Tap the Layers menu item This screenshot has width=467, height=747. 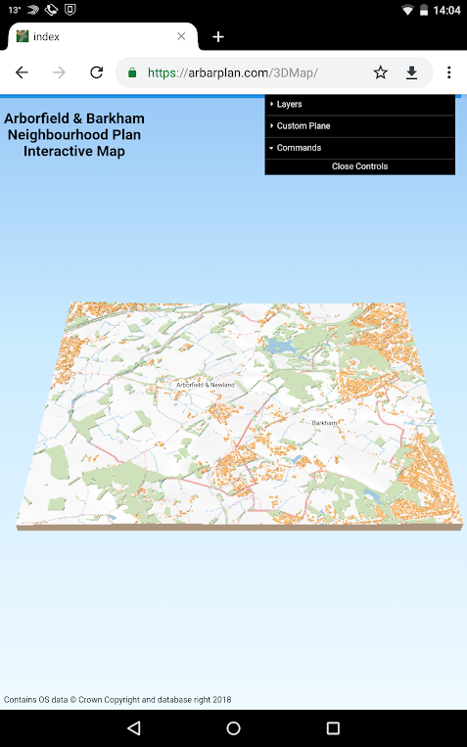290,104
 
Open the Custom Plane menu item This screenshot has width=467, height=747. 303,126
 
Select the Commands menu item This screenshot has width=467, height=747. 299,148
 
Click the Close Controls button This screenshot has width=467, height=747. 359,166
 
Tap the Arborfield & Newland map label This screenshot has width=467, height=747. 206,385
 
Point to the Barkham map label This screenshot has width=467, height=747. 324,423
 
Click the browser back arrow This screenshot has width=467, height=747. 22,72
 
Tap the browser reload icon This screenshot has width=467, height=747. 96,72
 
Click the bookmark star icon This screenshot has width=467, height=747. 380,72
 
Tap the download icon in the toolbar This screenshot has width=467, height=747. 412,72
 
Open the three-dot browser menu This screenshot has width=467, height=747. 448,72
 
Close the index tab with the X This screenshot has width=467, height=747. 181,36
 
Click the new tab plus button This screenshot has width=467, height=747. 217,37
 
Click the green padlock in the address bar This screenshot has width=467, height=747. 133,72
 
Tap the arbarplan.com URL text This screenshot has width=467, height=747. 233,72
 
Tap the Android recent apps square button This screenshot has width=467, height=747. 333,728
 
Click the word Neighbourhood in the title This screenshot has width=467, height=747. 57,135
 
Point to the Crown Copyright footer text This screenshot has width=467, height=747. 117,700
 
